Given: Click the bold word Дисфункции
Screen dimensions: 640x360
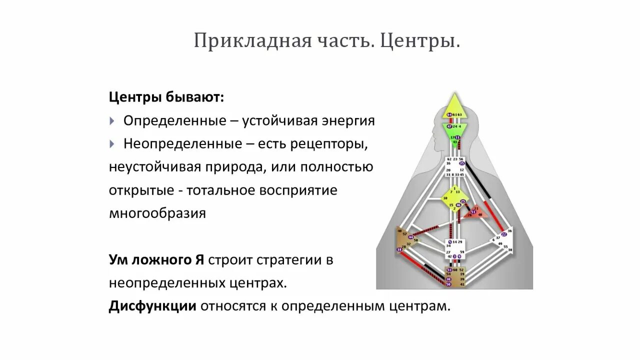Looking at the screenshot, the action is click(152, 306).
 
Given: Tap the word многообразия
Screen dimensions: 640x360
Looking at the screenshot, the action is click(157, 213).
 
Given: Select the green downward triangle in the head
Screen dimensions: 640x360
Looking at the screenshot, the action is click(454, 132).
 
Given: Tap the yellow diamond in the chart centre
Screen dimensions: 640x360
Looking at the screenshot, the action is click(454, 199).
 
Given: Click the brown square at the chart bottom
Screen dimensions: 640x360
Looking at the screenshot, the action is click(455, 277).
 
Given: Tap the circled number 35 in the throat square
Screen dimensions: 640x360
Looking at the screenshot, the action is click(462, 163).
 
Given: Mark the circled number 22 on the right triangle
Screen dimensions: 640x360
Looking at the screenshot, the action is click(503, 234).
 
